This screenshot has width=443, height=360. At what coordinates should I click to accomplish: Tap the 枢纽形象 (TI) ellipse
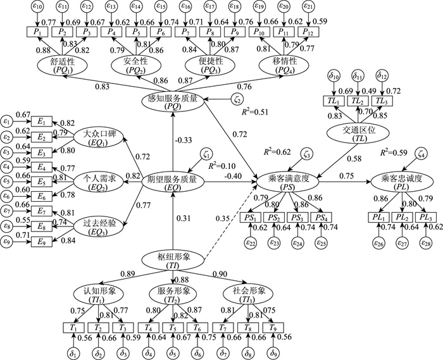point(172,261)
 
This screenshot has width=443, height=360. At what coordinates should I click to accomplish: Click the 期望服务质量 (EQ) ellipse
point(172,182)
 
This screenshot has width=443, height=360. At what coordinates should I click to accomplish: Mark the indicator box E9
point(42,240)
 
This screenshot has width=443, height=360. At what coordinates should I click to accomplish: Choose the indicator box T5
point(172,328)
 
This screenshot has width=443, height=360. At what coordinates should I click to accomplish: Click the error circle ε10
point(38,8)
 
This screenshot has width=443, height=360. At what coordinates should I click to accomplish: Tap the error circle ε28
point(423,242)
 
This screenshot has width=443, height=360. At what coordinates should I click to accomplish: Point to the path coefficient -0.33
point(184,140)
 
